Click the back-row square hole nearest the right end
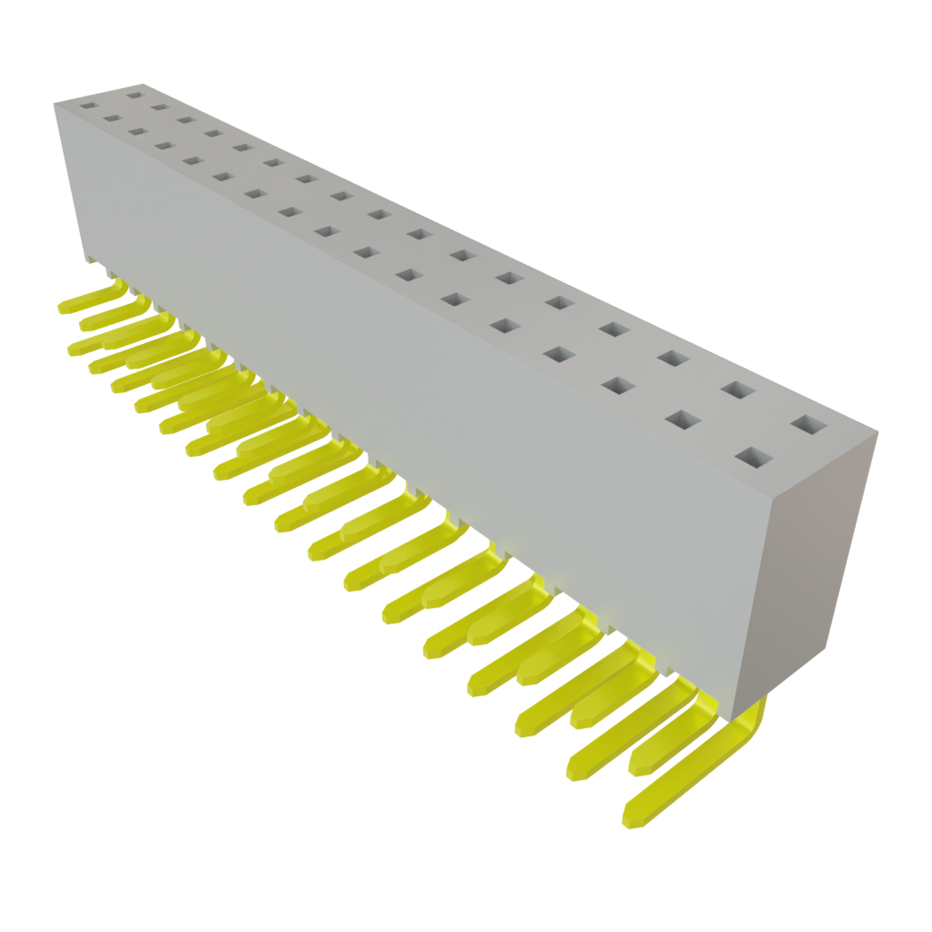805,424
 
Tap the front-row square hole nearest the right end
755,458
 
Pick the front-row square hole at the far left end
87,106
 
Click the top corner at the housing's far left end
55,104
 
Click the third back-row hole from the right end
674,359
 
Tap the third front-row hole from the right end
618,385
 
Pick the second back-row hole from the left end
160,106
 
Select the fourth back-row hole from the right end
612,329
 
